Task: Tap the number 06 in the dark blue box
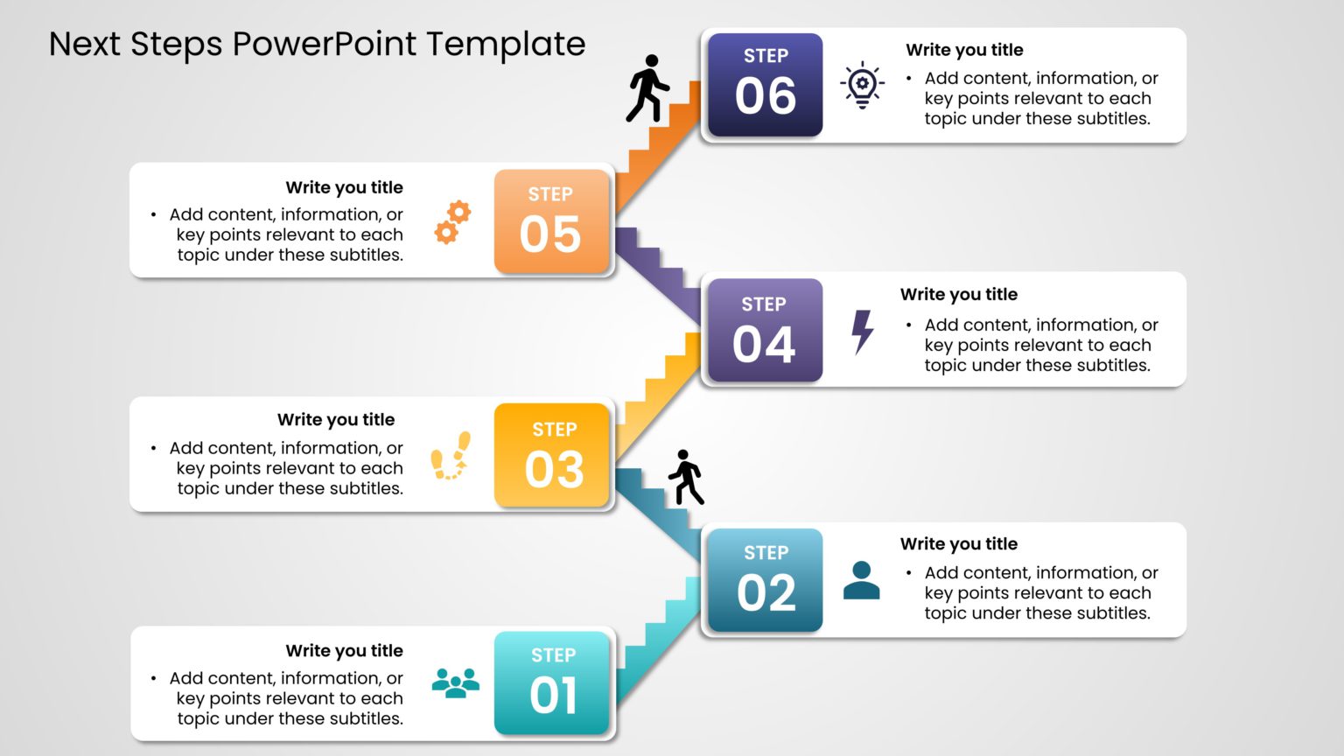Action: pyautogui.click(x=766, y=96)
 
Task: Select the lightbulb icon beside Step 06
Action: pyautogui.click(x=862, y=85)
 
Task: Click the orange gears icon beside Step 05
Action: pyautogui.click(x=452, y=221)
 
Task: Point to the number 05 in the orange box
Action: pyautogui.click(x=550, y=234)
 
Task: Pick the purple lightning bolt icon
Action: pyautogui.click(x=863, y=332)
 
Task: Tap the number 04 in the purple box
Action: pyautogui.click(x=764, y=345)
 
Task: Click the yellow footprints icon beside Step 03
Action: pyautogui.click(x=451, y=456)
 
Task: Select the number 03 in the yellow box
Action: pyautogui.click(x=554, y=470)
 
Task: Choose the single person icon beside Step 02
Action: pyautogui.click(x=861, y=580)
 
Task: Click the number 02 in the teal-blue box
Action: pyautogui.click(x=766, y=593)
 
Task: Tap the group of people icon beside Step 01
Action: pyautogui.click(x=456, y=682)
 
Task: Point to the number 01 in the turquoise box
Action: pyautogui.click(x=553, y=696)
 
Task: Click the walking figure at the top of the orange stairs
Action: pyautogui.click(x=647, y=88)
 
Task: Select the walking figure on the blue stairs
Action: pyautogui.click(x=686, y=478)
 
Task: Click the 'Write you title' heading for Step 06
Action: pyautogui.click(x=964, y=50)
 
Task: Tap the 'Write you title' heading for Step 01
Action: pyautogui.click(x=344, y=650)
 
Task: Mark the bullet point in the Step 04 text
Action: pyautogui.click(x=909, y=325)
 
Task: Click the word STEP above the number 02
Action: pyautogui.click(x=766, y=553)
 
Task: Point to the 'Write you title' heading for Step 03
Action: pyautogui.click(x=336, y=419)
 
